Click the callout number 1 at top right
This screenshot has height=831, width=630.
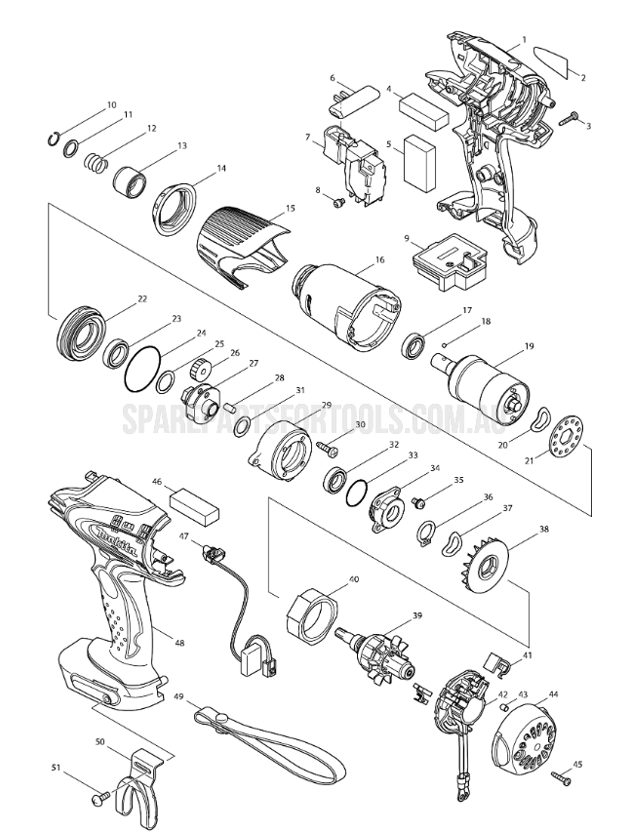[524, 40]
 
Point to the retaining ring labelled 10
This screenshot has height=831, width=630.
[55, 138]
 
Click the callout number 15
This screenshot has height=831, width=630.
[290, 209]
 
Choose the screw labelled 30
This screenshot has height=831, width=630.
[326, 447]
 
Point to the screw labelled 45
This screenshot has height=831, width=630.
[562, 777]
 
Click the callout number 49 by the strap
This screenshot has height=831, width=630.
[178, 696]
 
